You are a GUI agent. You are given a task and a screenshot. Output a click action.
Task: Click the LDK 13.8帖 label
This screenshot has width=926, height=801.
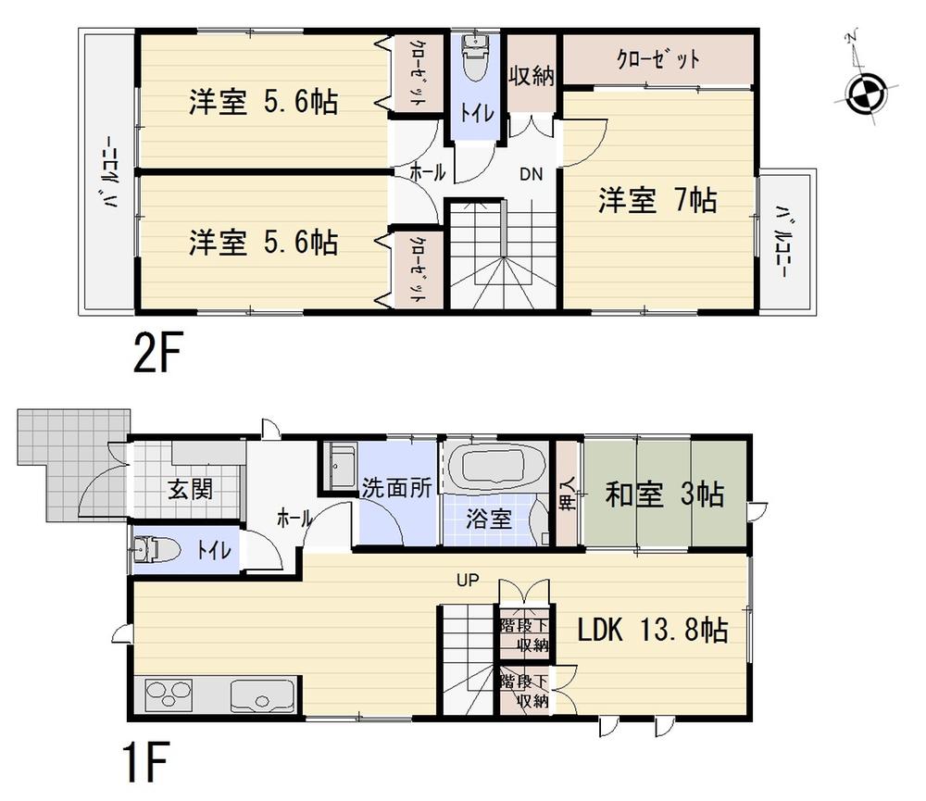652,632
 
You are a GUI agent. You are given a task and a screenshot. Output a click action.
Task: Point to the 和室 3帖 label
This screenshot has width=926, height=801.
664,494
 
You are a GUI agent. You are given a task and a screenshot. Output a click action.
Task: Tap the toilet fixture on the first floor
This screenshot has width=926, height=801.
155,549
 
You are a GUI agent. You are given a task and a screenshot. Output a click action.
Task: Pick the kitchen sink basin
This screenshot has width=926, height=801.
262,695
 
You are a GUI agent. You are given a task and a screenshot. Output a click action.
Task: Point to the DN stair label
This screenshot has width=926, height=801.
530,173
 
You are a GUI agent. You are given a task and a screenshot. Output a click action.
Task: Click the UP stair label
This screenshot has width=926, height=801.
466,581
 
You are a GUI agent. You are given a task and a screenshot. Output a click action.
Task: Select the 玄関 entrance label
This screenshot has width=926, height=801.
191,489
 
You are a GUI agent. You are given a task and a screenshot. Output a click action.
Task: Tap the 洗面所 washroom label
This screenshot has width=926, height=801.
396,489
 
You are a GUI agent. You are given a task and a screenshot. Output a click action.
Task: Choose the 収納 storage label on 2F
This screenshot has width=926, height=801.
531,76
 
